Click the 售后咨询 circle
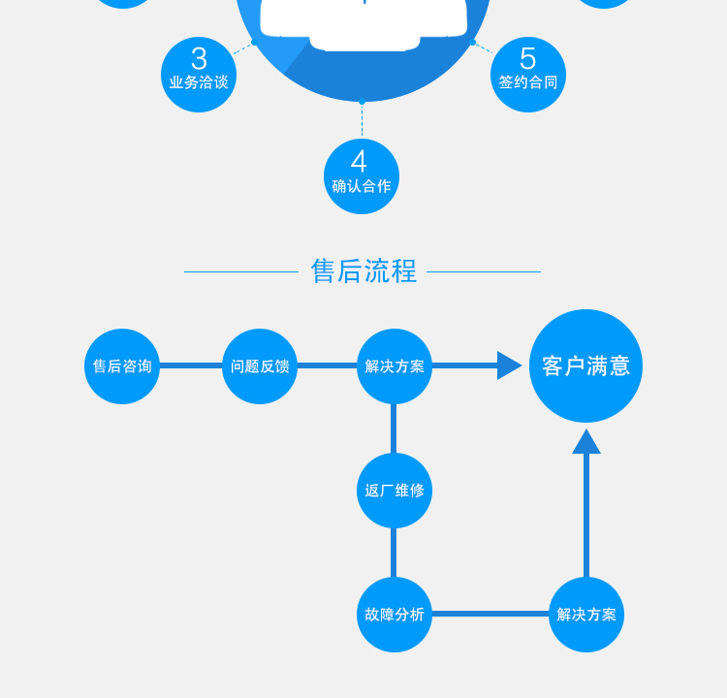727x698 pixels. pos(122,366)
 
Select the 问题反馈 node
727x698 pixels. pos(260,366)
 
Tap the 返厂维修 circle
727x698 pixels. pos(395,491)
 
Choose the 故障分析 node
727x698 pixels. pos(395,615)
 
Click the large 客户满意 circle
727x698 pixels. pos(585,365)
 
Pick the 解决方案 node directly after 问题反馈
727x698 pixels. pos(395,366)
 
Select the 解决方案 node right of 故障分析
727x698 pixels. pos(586,615)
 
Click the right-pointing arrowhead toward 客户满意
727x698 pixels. pos(509,365)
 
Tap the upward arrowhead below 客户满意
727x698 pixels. pos(586,442)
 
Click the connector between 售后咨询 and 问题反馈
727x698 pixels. pos(191,365)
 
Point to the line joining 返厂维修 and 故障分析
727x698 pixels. pos(394,553)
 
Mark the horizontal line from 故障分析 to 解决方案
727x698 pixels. pos(490,614)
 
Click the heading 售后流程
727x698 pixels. pos(363,270)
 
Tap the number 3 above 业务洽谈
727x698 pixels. pos(199,59)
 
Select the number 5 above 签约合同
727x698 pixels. pos(527,59)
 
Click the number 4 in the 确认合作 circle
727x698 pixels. pos(360,162)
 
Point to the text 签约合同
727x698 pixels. pos(528,82)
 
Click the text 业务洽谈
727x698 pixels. pos(199,82)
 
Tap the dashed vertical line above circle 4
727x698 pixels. pos(363,120)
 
